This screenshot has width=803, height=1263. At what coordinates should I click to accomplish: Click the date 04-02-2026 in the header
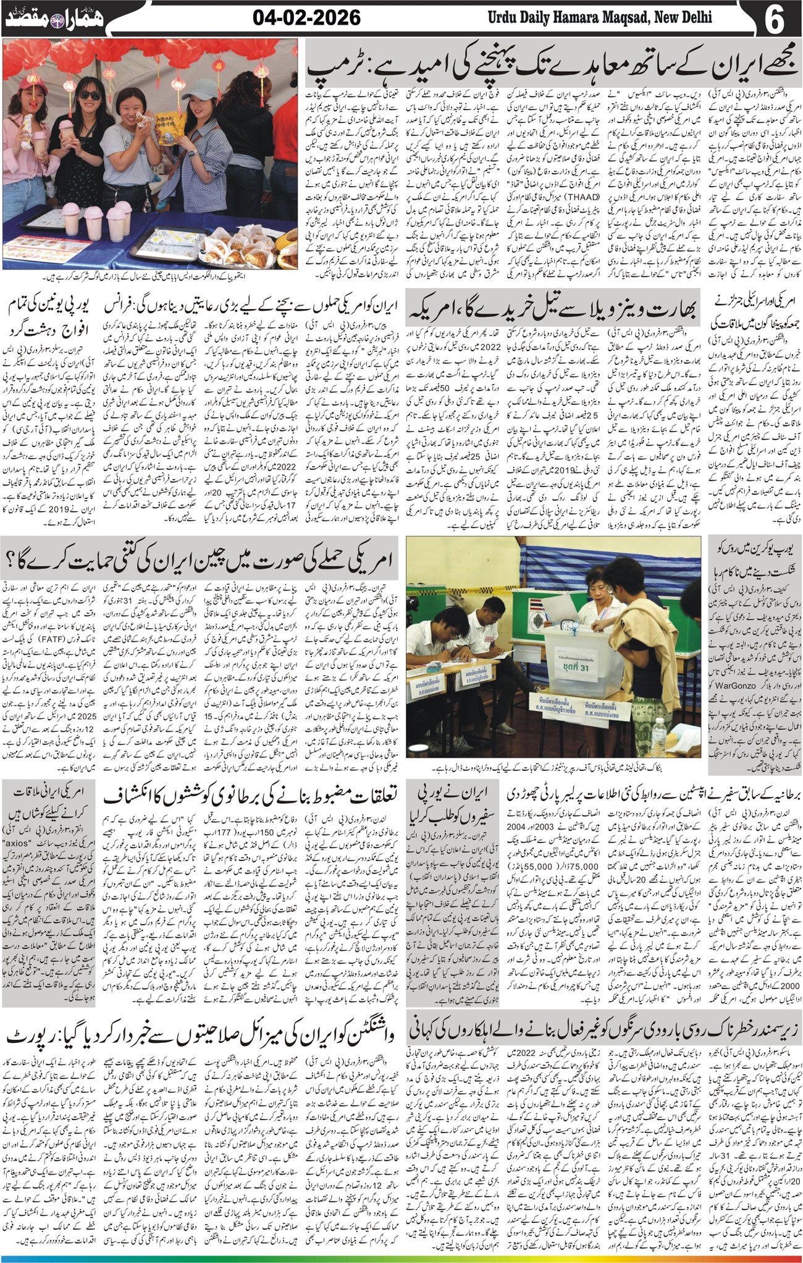306,18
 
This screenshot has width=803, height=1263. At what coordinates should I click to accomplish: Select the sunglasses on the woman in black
91,95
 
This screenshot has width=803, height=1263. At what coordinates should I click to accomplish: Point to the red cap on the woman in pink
32,83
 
